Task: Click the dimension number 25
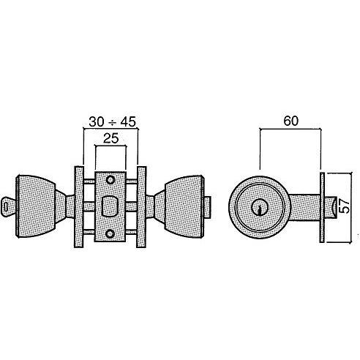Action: point(111,138)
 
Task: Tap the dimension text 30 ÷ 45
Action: point(112,121)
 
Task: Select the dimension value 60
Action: point(291,121)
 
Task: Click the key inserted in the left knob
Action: point(9,207)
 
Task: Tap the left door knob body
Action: point(36,206)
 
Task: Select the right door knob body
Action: point(184,206)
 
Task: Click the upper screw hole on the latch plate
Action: point(110,180)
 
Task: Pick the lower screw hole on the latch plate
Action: point(110,233)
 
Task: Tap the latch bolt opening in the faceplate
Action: point(110,206)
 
